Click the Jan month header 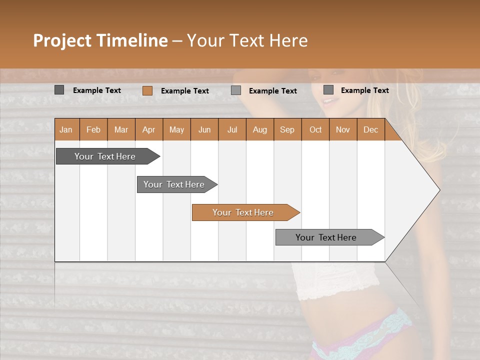coord(66,129)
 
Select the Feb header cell coord(93,129)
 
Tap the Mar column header coord(121,129)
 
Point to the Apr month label coord(149,129)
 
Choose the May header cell coord(176,129)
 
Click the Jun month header coord(204,129)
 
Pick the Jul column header coord(232,129)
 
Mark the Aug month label coord(260,129)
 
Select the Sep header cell coord(287,129)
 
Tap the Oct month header coord(315,129)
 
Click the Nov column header coord(343,129)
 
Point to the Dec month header coord(370,129)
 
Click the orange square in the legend coord(147,90)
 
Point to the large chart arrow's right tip coord(438,190)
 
